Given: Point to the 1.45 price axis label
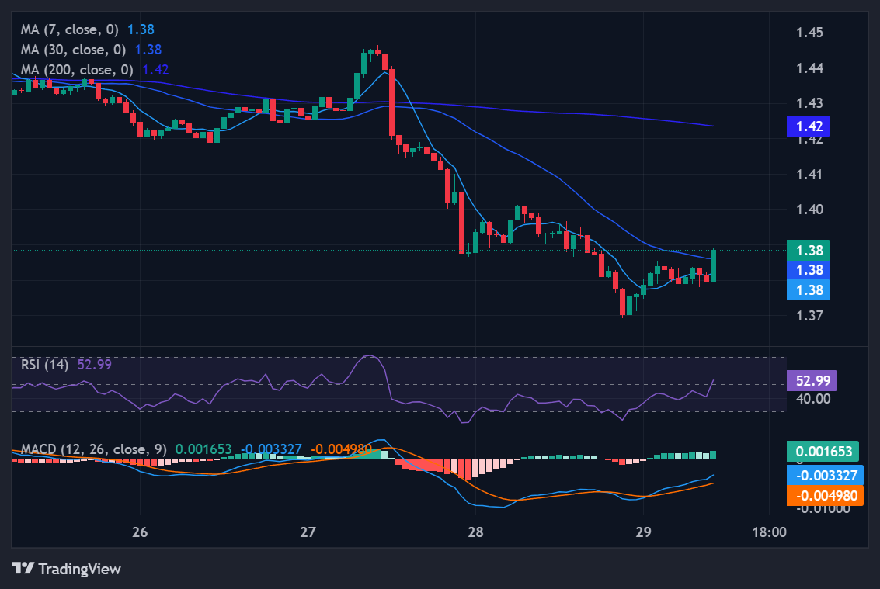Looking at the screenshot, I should pyautogui.click(x=810, y=33).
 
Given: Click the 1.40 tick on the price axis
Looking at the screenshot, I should pyautogui.click(x=810, y=209).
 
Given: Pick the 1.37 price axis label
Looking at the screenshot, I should pyautogui.click(x=810, y=316).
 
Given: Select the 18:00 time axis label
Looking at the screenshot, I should pyautogui.click(x=769, y=532).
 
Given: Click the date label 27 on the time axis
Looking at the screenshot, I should pyautogui.click(x=308, y=532).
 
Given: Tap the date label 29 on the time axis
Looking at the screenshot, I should pyautogui.click(x=643, y=532).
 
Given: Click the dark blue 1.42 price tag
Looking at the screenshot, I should pyautogui.click(x=809, y=126).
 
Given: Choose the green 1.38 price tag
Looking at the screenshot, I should pyautogui.click(x=809, y=250).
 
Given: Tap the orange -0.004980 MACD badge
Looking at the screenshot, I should pyautogui.click(x=824, y=495).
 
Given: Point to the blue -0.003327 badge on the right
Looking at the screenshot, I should pyautogui.click(x=824, y=474).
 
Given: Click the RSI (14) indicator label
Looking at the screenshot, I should pyautogui.click(x=44, y=364).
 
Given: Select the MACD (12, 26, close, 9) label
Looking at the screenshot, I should pyautogui.click(x=93, y=449).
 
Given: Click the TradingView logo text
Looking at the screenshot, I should pyautogui.click(x=79, y=569).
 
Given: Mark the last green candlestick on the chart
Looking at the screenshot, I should pyautogui.click(x=713, y=265).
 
